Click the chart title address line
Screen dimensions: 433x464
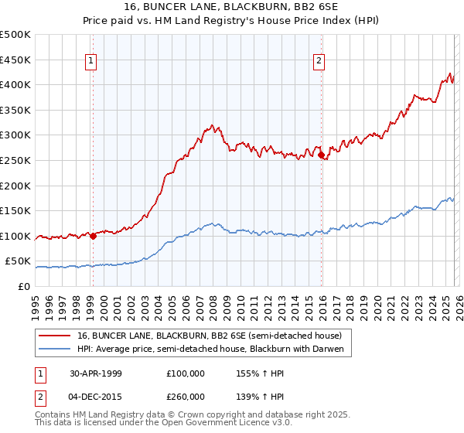pos(232,6)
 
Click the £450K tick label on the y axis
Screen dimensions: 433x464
pos(15,60)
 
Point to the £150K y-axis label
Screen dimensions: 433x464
pos(15,210)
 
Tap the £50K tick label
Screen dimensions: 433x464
pos(18,261)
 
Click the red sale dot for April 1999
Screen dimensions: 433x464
pos(94,236)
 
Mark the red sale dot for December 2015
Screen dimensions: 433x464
pos(321,155)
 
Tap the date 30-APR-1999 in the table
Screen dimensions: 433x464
pos(96,373)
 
